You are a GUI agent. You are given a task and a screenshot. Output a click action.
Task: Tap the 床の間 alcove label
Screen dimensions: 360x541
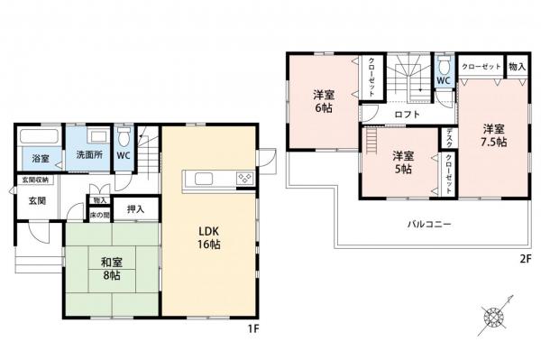(98, 215)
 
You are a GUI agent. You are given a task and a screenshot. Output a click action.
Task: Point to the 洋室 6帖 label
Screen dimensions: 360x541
(325, 99)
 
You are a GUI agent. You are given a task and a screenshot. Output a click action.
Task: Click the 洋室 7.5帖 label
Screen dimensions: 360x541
(492, 134)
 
